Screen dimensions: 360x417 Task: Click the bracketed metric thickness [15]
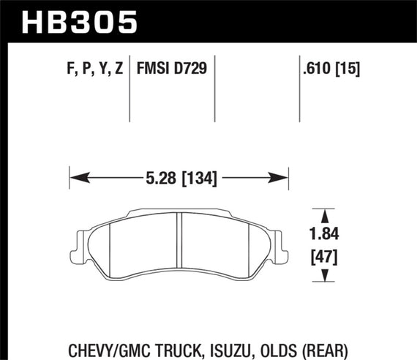tap(350, 70)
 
